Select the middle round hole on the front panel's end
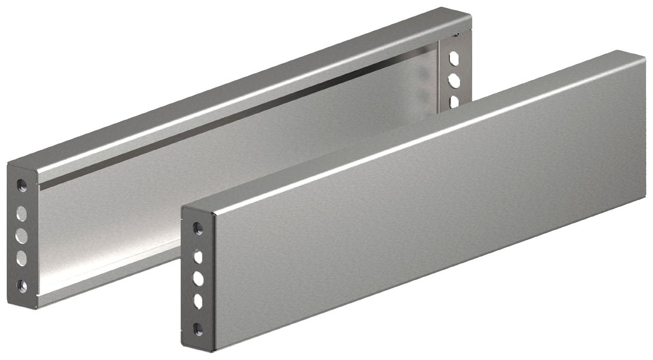coord(199,278)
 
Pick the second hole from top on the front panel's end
coord(199,255)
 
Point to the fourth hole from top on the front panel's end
coord(199,302)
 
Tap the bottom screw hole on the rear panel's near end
coord(22,284)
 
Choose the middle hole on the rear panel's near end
coord(22,235)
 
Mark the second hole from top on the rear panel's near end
coord(22,212)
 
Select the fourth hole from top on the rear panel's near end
coord(22,259)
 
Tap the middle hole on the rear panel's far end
coord(454,80)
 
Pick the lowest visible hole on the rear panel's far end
coord(454,101)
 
